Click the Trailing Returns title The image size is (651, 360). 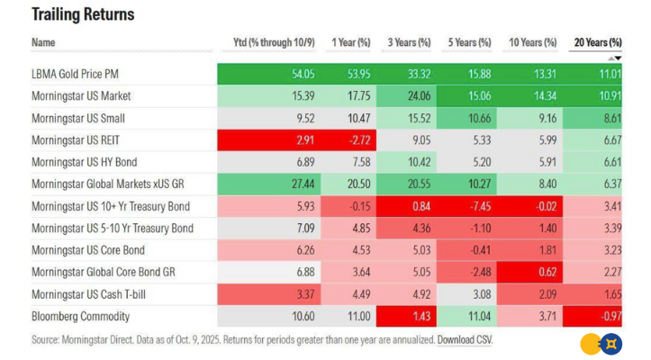(x=83, y=15)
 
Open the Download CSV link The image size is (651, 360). (x=465, y=339)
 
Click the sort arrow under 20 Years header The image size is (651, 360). (x=619, y=58)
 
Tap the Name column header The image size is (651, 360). (x=42, y=42)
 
